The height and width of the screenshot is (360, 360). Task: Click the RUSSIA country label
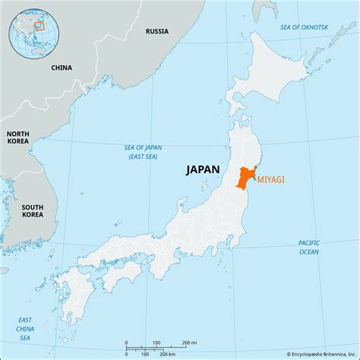157,32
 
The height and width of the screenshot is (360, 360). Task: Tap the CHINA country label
62,68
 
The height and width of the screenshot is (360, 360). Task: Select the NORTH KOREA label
18,137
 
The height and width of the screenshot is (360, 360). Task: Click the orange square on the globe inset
39,24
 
